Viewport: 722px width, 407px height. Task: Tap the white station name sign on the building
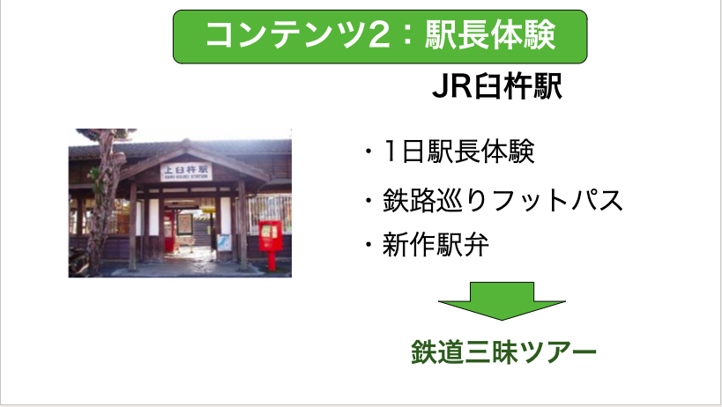(187, 171)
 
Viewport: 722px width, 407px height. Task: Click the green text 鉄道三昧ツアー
(503, 352)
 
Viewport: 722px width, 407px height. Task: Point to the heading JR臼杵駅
(497, 86)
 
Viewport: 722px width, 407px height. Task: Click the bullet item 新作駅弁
(435, 245)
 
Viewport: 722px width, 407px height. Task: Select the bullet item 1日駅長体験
(458, 151)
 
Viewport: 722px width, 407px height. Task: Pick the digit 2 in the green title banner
(379, 35)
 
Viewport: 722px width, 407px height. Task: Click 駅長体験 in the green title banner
(490, 35)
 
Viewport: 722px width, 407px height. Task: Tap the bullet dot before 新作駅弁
(368, 245)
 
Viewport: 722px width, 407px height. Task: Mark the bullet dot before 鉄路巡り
(368, 201)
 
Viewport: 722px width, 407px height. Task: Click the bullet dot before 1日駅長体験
(368, 151)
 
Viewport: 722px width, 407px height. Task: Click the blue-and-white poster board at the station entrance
(224, 242)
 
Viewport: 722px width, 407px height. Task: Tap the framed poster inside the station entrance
(184, 224)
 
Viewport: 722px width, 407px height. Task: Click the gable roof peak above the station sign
(186, 144)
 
